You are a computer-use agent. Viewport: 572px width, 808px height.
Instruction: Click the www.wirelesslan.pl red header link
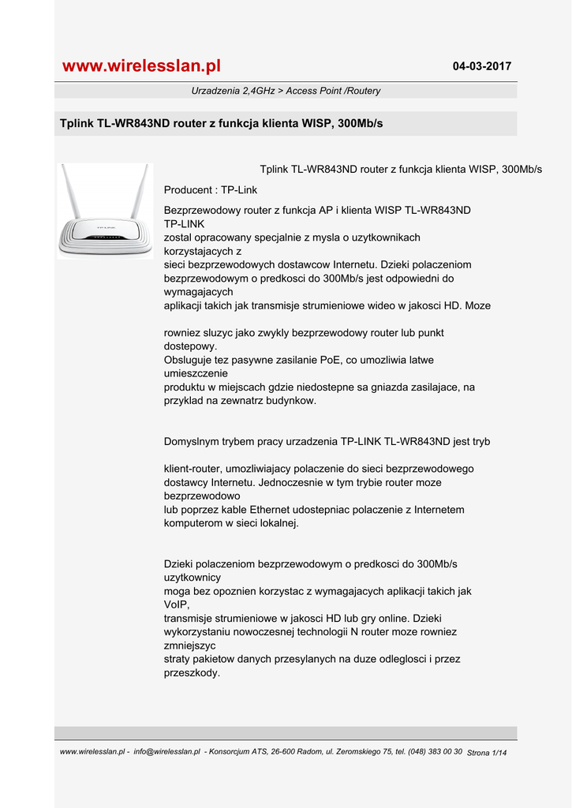[141, 65]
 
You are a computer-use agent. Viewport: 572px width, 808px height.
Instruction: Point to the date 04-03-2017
[481, 66]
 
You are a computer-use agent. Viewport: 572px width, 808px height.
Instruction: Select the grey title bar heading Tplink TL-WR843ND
[221, 124]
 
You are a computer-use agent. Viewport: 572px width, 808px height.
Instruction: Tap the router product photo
[105, 211]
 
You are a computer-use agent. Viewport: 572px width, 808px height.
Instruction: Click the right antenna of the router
[140, 191]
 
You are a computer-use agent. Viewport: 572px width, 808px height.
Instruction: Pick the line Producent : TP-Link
[210, 190]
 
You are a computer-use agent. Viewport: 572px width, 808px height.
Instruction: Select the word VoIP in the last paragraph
[177, 604]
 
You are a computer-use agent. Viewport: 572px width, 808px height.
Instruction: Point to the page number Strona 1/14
[488, 753]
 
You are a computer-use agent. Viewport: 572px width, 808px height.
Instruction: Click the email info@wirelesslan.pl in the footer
[166, 752]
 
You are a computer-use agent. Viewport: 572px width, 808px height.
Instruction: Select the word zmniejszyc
[189, 645]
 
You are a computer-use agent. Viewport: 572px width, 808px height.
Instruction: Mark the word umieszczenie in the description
[196, 373]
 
